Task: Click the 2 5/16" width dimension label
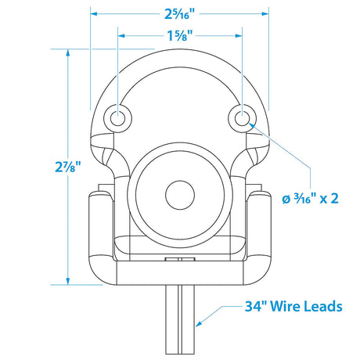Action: (x=180, y=12)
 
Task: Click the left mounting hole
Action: (x=118, y=118)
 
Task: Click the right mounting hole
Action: (x=242, y=118)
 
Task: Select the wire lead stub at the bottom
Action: (x=180, y=321)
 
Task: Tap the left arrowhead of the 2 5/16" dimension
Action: (x=95, y=12)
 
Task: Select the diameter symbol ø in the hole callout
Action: (x=286, y=198)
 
